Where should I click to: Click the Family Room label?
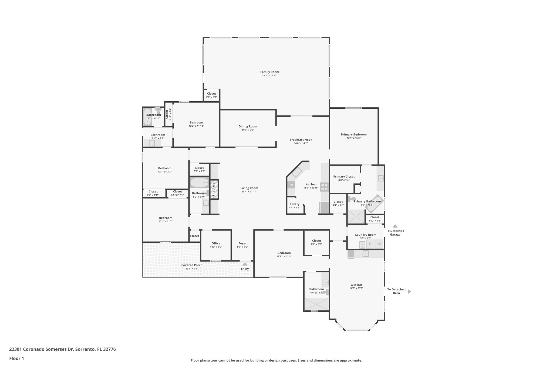coord(269,72)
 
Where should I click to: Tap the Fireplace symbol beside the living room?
coord(214,190)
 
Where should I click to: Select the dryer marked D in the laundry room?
coord(370,244)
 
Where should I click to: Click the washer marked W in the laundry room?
coord(379,244)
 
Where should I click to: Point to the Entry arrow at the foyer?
coord(245,264)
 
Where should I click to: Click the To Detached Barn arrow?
coord(409,291)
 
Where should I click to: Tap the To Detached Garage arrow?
coord(395,226)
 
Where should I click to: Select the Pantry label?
coord(294,204)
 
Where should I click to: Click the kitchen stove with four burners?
coord(324,187)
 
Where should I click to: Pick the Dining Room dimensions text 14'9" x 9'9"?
coord(248,130)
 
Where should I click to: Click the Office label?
coord(216,243)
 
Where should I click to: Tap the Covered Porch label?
coord(192,265)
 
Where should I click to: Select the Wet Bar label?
coord(356,285)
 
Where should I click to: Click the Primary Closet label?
coord(344,177)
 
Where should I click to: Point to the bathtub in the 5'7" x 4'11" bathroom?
coord(147,117)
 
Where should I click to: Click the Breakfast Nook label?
coord(301,140)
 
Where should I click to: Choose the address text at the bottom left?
coord(62,349)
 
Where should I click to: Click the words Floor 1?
coord(16,359)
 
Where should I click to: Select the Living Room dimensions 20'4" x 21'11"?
coord(249,192)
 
